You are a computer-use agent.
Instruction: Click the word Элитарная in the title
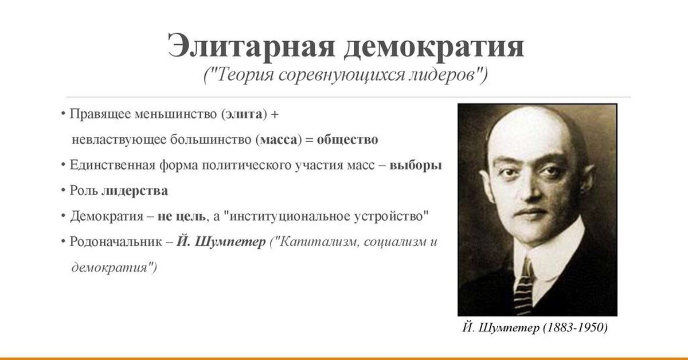pos(251,46)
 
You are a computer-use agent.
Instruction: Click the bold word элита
pos(244,114)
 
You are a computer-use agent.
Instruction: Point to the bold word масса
pos(279,140)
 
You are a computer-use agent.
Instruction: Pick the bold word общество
pos(347,140)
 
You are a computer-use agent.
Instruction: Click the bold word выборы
pos(416,165)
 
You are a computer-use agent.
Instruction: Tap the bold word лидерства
pos(135,191)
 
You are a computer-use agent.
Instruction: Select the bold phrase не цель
pos(181,217)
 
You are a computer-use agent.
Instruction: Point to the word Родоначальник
pos(116,242)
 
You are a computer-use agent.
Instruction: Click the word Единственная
pos(113,165)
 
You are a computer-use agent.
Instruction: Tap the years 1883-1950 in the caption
pos(575,327)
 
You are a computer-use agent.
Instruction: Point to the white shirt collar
pos(550,258)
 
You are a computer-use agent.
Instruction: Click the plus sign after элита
pos(275,115)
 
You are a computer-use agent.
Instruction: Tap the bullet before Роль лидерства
pos(63,190)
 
